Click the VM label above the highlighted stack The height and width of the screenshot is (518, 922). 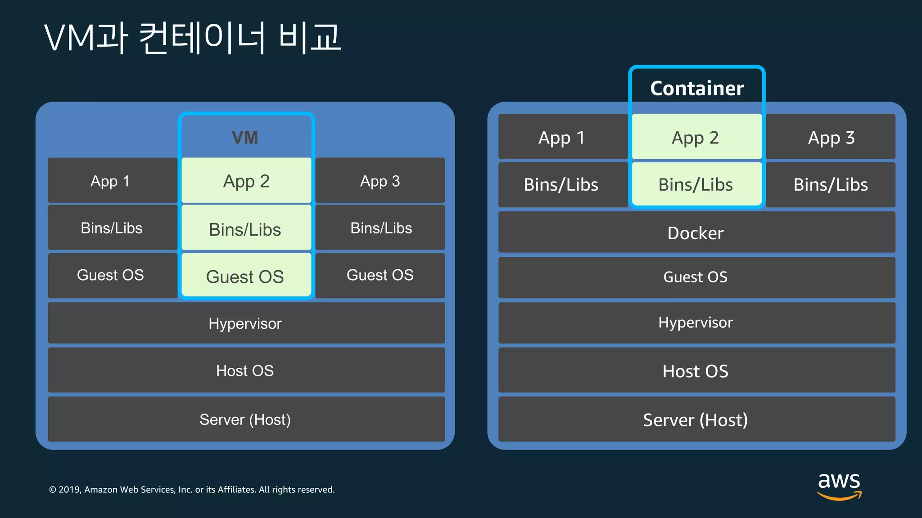[x=245, y=138]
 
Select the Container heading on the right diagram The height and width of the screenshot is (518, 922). [x=696, y=89]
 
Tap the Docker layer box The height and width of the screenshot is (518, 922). [x=696, y=232]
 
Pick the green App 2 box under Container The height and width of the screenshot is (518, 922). [x=696, y=137]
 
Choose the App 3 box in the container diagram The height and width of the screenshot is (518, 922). [x=831, y=137]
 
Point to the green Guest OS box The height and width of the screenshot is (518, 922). [x=246, y=276]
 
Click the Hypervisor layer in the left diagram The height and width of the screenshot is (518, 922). [x=246, y=323]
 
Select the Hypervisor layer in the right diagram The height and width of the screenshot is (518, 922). [x=696, y=322]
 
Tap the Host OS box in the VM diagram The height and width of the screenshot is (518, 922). [x=246, y=371]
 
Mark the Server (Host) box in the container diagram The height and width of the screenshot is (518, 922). [x=696, y=420]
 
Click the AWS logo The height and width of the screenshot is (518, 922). [x=839, y=485]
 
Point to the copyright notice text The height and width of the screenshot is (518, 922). [x=192, y=490]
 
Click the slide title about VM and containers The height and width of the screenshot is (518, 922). [x=193, y=38]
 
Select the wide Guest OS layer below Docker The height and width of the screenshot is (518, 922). [x=696, y=277]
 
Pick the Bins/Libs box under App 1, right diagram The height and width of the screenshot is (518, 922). [x=562, y=185]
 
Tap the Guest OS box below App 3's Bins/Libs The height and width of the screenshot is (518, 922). [x=380, y=275]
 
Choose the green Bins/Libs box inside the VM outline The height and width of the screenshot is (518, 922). [x=246, y=229]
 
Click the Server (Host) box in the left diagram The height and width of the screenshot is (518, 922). [x=246, y=420]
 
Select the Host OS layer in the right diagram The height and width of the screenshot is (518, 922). [x=696, y=371]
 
